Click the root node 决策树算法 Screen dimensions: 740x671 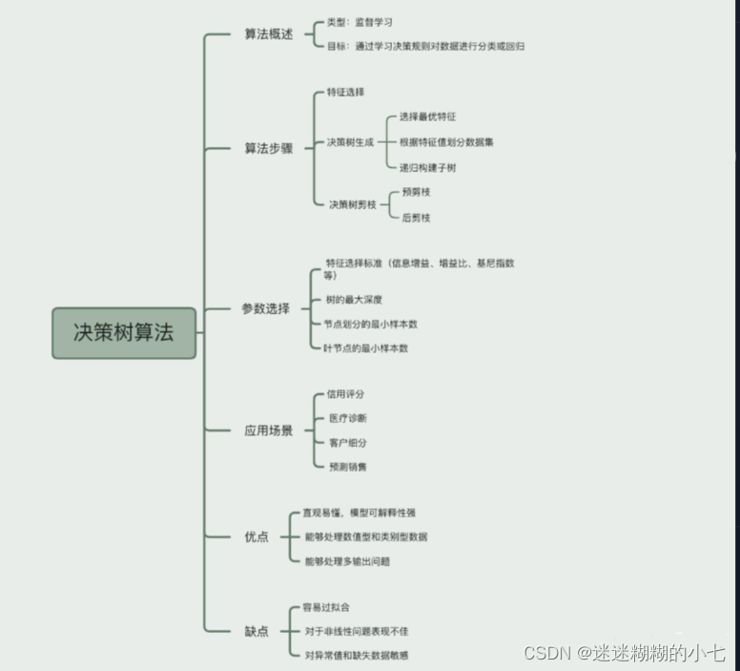tap(124, 333)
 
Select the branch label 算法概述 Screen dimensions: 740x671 tap(268, 34)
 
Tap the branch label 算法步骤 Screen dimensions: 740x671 tap(268, 148)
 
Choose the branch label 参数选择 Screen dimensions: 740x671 tap(265, 309)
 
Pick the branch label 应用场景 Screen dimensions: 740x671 tap(268, 430)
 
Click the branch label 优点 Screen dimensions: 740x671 tap(257, 536)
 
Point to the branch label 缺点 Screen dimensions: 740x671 tap(257, 631)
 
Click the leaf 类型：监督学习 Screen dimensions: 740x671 tap(360, 21)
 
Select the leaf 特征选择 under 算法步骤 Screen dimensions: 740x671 tap(345, 93)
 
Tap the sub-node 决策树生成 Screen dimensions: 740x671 tap(350, 142)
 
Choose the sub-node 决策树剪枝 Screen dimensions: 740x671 tap(353, 204)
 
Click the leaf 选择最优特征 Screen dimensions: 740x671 tap(427, 116)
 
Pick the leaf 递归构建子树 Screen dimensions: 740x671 tap(427, 167)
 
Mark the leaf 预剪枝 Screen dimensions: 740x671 tap(417, 192)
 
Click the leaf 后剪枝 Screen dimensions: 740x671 tap(417, 218)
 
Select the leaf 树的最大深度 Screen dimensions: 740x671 tap(354, 300)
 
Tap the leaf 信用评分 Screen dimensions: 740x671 tap(345, 393)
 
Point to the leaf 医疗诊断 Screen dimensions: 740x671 tap(346, 418)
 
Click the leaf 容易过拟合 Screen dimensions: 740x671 tap(326, 607)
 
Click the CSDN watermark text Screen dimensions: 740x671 tap(624, 653)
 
